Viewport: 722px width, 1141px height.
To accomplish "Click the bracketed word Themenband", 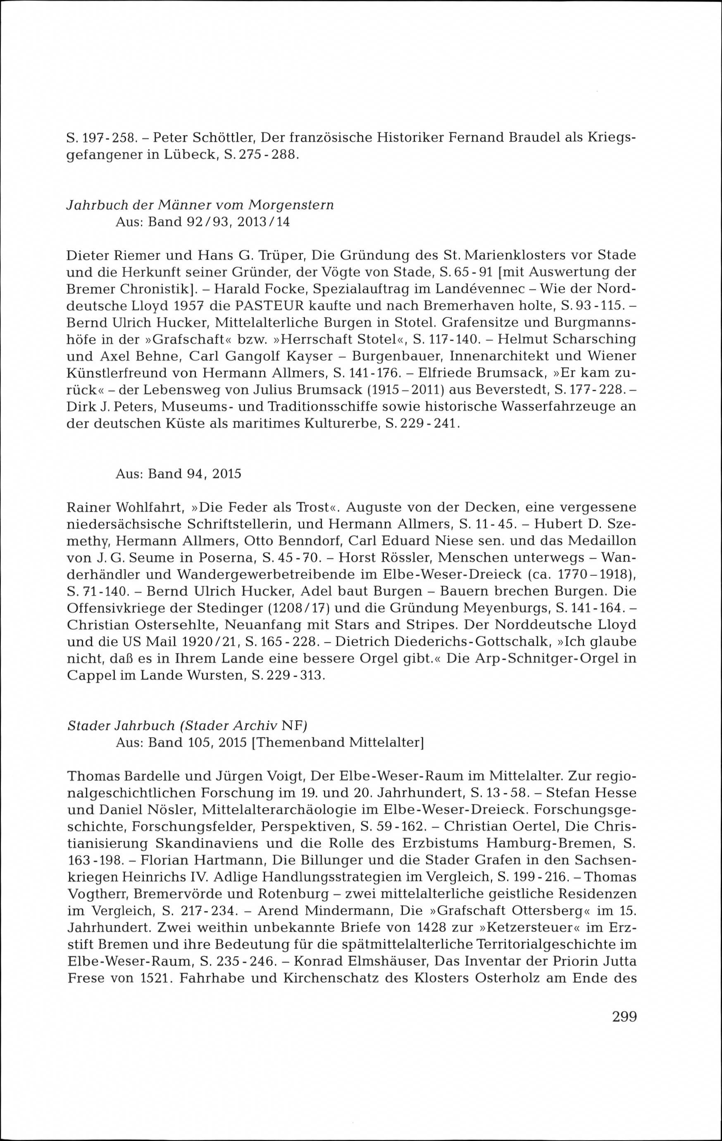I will point(298,742).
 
